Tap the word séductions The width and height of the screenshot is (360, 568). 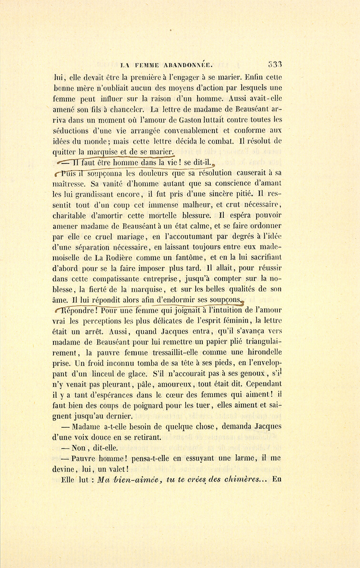(70, 130)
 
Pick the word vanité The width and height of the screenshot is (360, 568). (106, 184)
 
